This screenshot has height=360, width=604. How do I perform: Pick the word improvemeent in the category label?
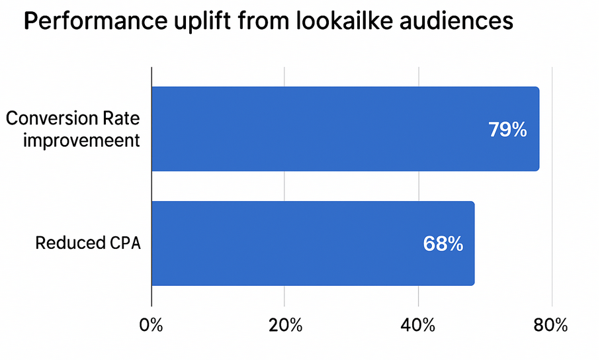click(81, 140)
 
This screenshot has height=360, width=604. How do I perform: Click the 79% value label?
click(507, 130)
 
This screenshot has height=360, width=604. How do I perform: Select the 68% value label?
click(443, 244)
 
